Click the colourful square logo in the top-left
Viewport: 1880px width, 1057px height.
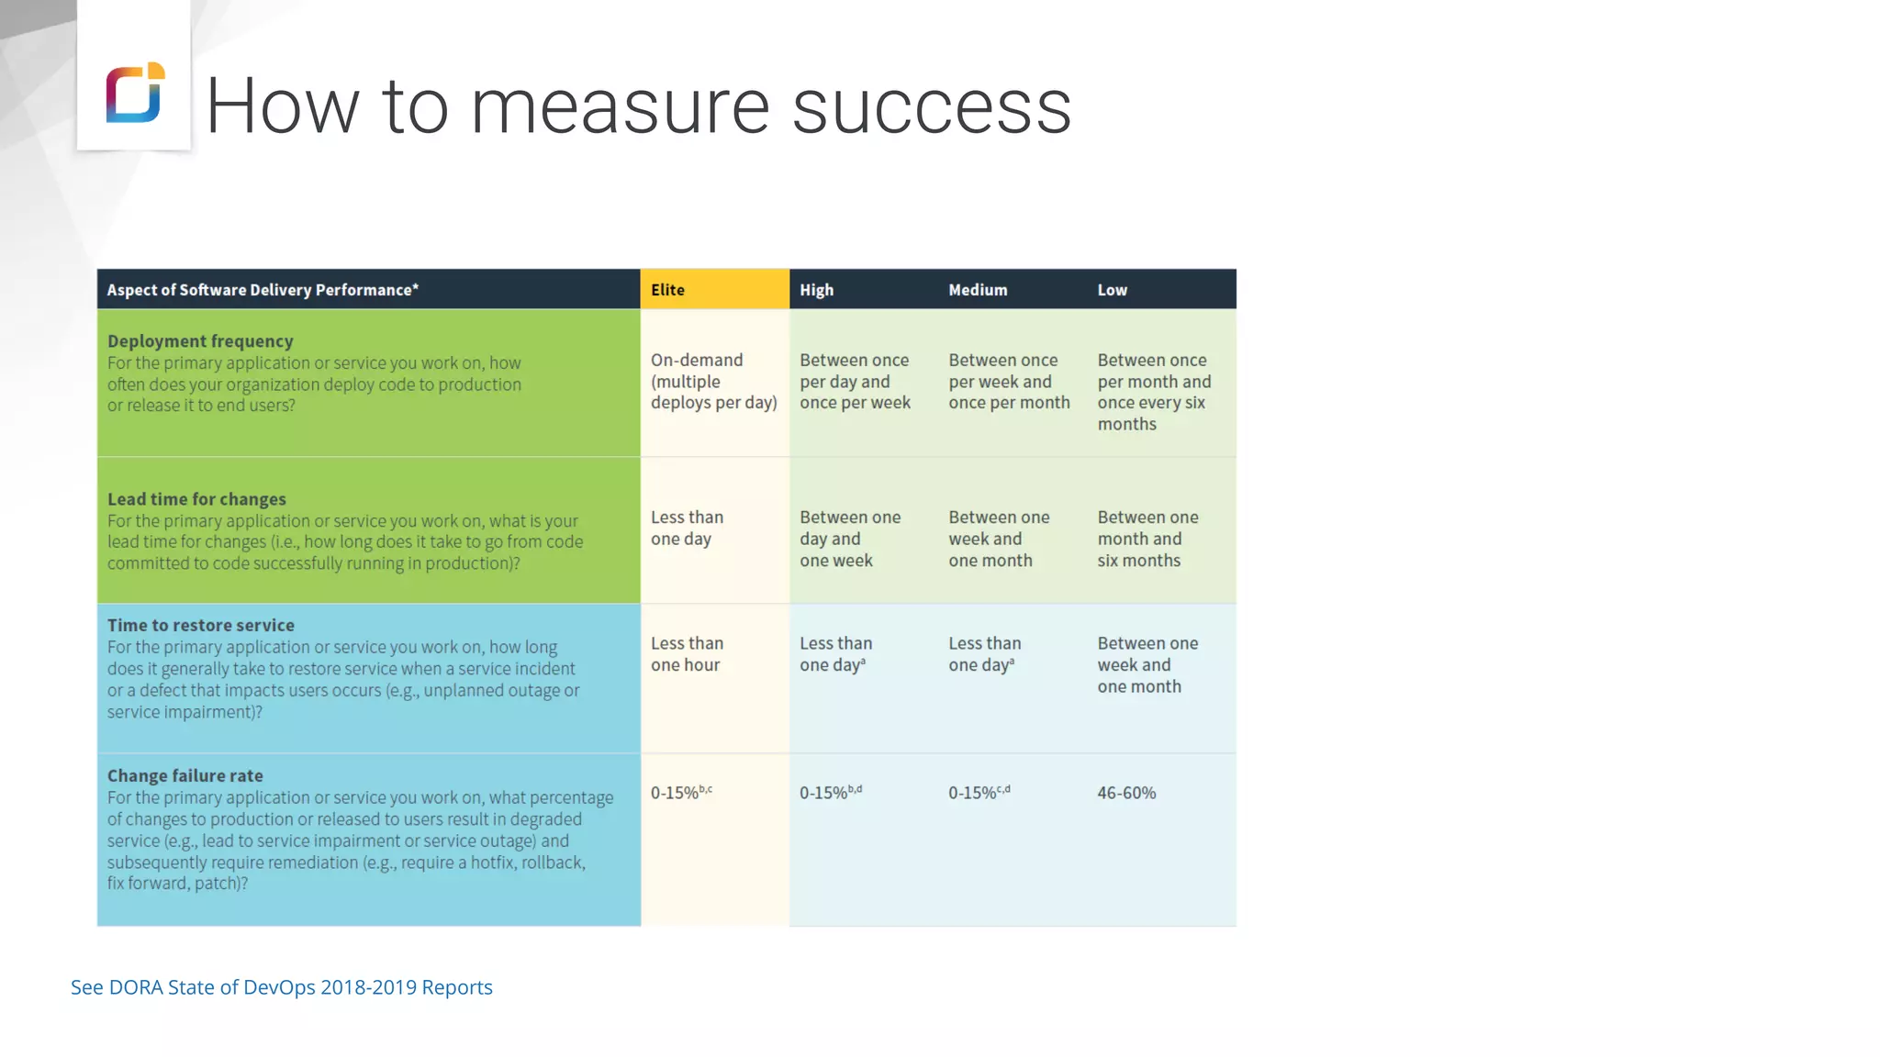click(x=135, y=92)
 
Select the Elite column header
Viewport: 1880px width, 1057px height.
click(x=668, y=290)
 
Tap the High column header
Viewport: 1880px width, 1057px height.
click(x=817, y=290)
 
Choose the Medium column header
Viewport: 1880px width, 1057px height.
click(x=978, y=290)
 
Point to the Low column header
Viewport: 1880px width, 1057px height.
click(x=1112, y=290)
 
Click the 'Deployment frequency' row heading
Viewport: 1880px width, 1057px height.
click(x=200, y=341)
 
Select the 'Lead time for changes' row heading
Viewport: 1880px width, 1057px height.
click(x=196, y=499)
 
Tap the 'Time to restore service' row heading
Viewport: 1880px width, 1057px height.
click(x=201, y=625)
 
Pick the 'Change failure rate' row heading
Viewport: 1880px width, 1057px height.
click(x=185, y=775)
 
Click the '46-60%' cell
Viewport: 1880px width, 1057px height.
click(x=1126, y=793)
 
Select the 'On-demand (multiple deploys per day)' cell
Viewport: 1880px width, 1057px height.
click(x=713, y=382)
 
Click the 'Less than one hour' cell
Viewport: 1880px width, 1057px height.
click(x=687, y=654)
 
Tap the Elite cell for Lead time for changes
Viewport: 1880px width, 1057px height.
click(x=687, y=528)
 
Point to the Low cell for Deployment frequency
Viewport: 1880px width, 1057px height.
click(x=1154, y=392)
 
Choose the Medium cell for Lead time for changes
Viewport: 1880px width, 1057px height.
click(x=999, y=539)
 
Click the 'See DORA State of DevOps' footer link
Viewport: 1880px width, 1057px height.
click(x=282, y=987)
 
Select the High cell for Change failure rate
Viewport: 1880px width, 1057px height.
click(x=830, y=793)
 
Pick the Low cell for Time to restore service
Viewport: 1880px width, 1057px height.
click(x=1147, y=665)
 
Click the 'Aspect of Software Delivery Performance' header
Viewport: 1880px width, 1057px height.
click(x=263, y=290)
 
